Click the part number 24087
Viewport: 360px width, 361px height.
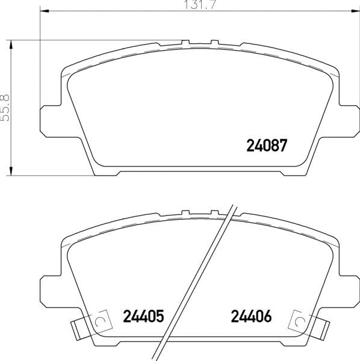coord(267,145)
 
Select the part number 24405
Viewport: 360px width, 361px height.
coord(143,316)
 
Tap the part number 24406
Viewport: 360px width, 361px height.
coord(251,316)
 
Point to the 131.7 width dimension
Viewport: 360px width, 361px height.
coord(200,5)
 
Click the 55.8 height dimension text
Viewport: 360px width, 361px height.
coord(5,108)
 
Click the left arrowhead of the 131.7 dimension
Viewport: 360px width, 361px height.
coord(45,11)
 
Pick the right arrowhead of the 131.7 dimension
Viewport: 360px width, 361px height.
coord(355,11)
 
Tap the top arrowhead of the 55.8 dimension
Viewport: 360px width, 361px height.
coord(11,45)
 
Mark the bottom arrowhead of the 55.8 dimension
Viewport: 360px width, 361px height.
coord(11,171)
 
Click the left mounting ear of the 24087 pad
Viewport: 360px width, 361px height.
coord(51,122)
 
